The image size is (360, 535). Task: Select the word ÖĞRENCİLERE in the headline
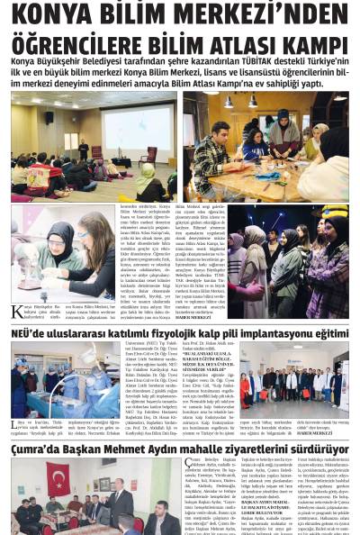click(x=91, y=46)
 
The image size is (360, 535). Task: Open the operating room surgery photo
click(x=62, y=378)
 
